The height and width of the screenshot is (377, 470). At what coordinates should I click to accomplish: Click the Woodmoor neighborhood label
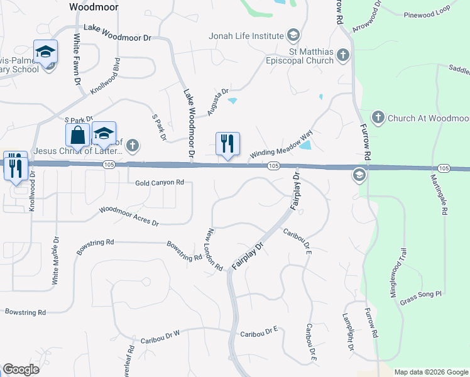click(x=93, y=6)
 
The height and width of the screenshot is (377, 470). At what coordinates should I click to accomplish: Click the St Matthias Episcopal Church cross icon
click(x=342, y=55)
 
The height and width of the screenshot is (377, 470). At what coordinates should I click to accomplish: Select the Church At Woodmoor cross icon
click(x=378, y=117)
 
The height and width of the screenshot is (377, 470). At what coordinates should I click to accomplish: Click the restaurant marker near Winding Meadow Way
click(x=227, y=143)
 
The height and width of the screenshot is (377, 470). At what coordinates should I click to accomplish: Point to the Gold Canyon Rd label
click(x=160, y=183)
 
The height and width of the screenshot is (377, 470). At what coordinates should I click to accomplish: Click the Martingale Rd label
click(x=443, y=194)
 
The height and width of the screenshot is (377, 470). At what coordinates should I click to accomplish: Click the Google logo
click(x=21, y=369)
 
